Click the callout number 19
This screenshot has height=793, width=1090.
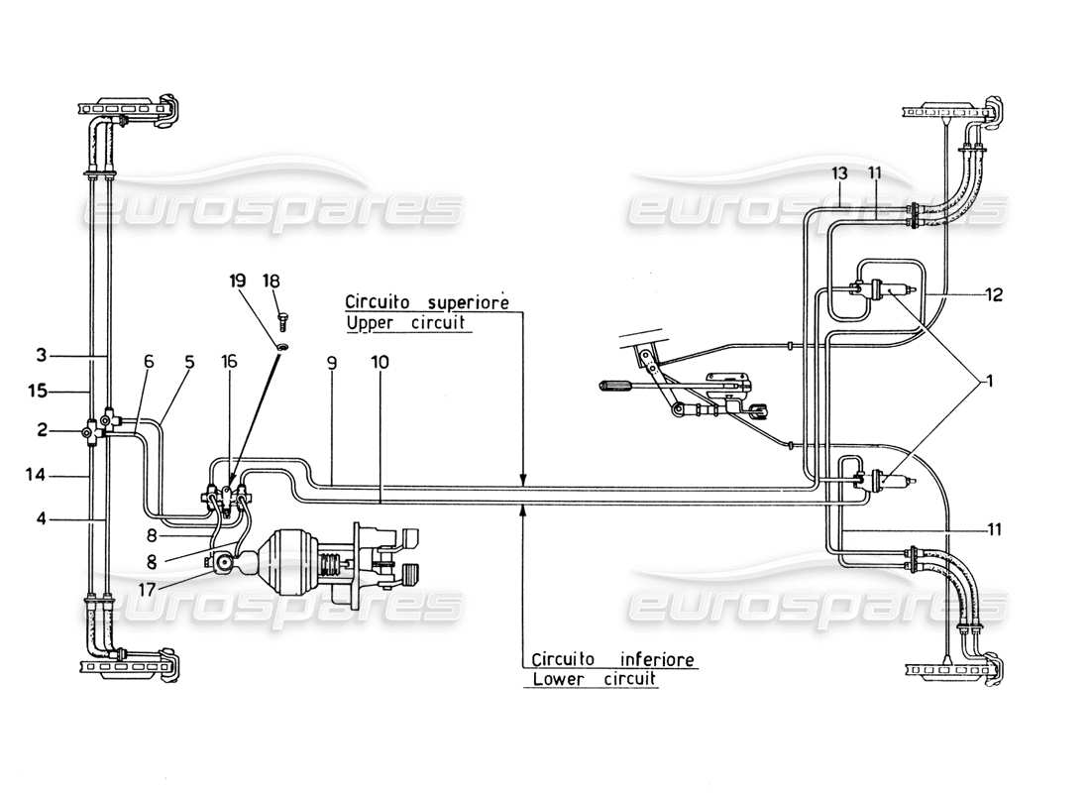pyautogui.click(x=237, y=282)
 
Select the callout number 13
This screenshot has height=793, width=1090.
pyautogui.click(x=839, y=173)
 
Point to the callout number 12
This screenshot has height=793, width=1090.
pyautogui.click(x=994, y=293)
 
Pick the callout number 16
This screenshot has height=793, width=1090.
pyautogui.click(x=230, y=363)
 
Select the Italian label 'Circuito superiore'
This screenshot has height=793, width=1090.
pyautogui.click(x=427, y=300)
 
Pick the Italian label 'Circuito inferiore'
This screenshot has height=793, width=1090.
pyautogui.click(x=613, y=659)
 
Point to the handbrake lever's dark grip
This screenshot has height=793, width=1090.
pyautogui.click(x=619, y=383)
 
